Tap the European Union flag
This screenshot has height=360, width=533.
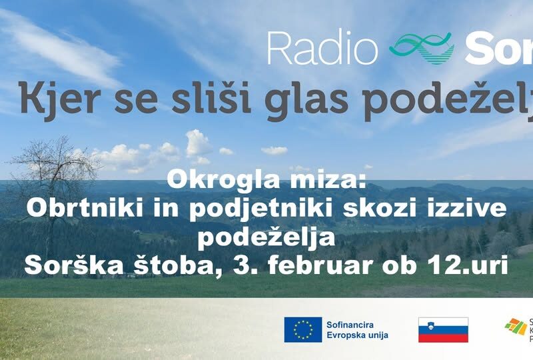[303, 329]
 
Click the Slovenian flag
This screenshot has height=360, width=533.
[443, 329]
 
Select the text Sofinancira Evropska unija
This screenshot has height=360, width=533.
[357, 329]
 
